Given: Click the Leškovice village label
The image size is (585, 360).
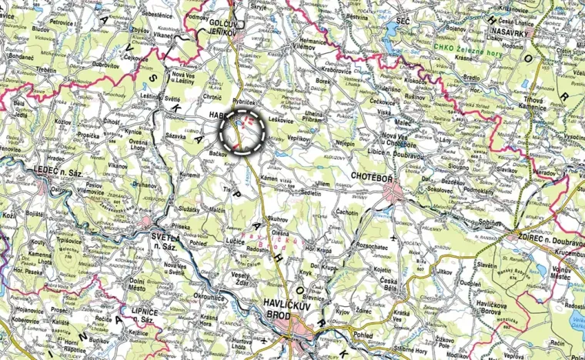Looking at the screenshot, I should [x=281, y=120].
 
